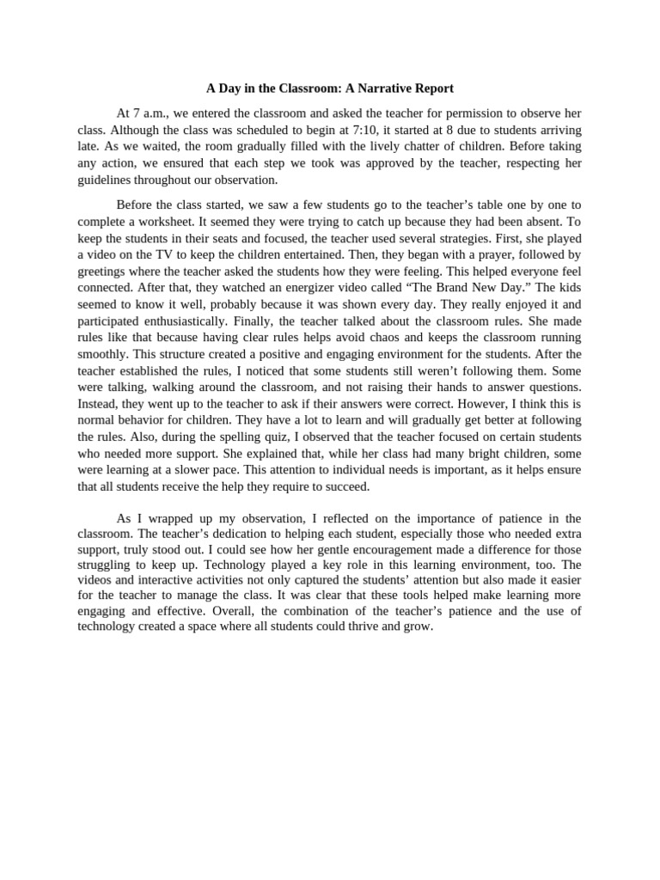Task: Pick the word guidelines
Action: pyautogui.click(x=106, y=180)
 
